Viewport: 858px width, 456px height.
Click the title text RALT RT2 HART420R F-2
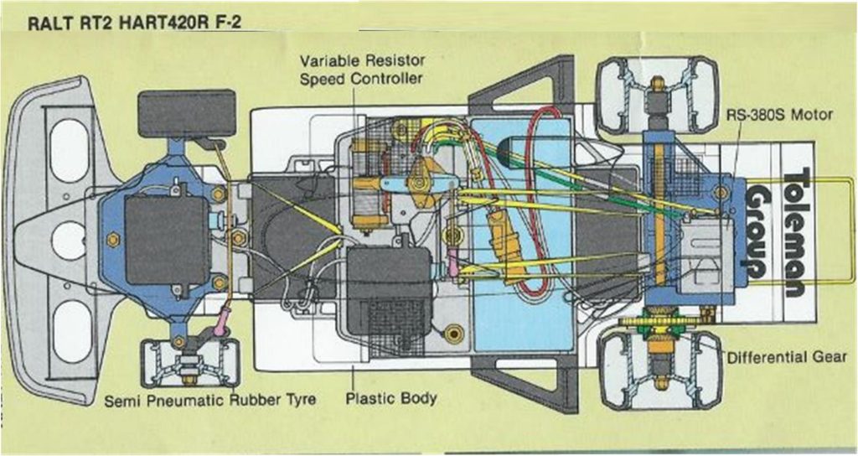pos(134,23)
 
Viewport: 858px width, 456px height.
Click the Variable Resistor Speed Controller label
pos(362,69)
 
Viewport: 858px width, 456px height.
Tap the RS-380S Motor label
pos(779,115)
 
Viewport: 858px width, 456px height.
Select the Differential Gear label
pos(787,357)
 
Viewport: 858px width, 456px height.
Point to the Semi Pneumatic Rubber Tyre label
pos(210,400)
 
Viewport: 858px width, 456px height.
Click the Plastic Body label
pos(391,398)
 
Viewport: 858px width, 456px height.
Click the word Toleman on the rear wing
pos(798,232)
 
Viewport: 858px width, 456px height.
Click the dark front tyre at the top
pos(187,113)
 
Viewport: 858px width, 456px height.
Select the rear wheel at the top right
pos(657,95)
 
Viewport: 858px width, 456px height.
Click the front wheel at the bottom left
pos(190,363)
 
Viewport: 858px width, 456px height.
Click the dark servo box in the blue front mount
pos(167,240)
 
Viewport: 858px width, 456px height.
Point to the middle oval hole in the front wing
pos(69,241)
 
